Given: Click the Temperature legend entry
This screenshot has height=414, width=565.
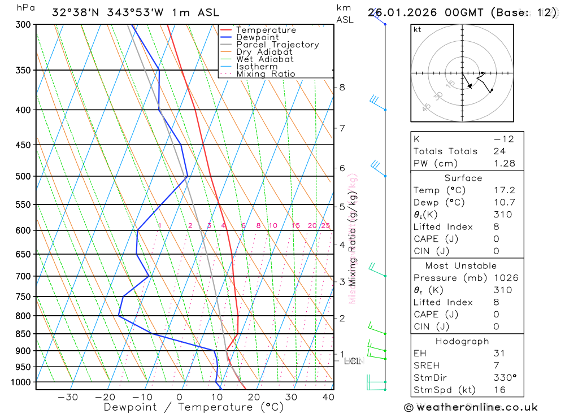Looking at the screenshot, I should click(266, 30).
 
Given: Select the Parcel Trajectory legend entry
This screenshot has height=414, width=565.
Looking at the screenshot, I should click(277, 45).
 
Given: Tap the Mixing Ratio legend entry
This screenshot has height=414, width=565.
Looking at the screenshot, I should click(266, 73).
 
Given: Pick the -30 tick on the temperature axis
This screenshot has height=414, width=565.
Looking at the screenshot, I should click(68, 397).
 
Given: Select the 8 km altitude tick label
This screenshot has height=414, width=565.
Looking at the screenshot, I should click(342, 87).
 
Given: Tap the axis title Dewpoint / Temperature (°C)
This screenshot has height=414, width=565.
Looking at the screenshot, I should click(185, 407).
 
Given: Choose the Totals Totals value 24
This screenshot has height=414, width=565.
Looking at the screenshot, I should click(498, 151).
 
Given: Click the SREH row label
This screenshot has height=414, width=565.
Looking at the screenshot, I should click(427, 365).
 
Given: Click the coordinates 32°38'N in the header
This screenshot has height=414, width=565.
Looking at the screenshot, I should click(76, 12).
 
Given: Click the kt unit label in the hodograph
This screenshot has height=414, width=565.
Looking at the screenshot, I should click(418, 30).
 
